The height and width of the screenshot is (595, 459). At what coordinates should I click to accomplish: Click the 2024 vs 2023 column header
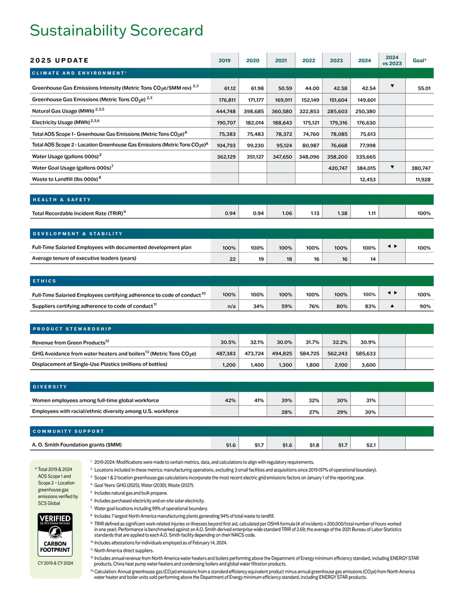392,60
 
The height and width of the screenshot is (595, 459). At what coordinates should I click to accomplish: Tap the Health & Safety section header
62,199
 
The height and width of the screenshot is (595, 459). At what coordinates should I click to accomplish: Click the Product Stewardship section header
72,329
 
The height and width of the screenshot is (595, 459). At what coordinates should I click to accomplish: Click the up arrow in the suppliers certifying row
391,306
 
